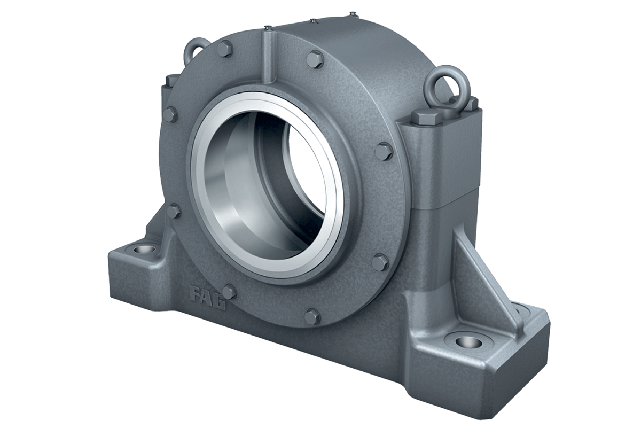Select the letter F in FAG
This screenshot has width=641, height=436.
pos(196,293)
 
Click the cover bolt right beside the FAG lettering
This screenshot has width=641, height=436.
pos(229,291)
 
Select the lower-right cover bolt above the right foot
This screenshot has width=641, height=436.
pos(380,261)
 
